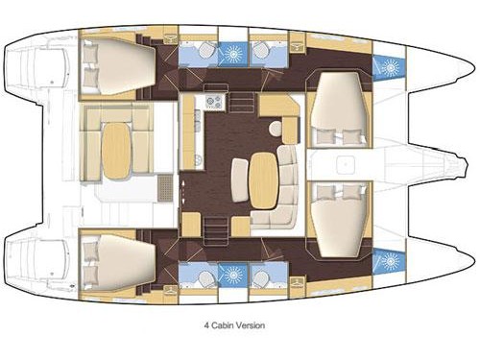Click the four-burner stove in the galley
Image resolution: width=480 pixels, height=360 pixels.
click(x=214, y=102)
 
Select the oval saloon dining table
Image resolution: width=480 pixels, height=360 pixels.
click(x=264, y=180)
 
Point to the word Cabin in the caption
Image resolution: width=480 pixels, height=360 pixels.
click(x=223, y=325)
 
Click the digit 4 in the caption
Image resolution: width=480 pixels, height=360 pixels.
click(x=206, y=325)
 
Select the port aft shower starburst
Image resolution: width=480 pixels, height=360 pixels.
click(x=233, y=53)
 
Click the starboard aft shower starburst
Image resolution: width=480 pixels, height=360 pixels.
click(x=233, y=275)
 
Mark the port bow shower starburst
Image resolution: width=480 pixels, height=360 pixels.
click(x=390, y=68)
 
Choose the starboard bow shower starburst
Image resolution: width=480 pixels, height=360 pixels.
click(x=390, y=261)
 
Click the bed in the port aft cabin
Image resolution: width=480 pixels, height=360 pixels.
click(x=118, y=66)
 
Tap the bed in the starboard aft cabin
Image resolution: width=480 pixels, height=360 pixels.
click(x=118, y=262)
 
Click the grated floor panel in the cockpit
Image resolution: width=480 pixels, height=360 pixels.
click(x=165, y=188)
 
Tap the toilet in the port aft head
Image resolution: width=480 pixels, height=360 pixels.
click(x=204, y=50)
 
